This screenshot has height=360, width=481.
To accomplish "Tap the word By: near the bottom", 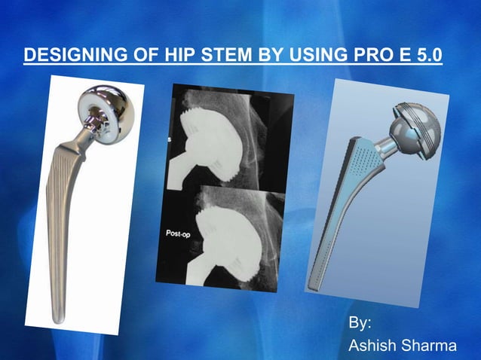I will pos(360,323).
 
